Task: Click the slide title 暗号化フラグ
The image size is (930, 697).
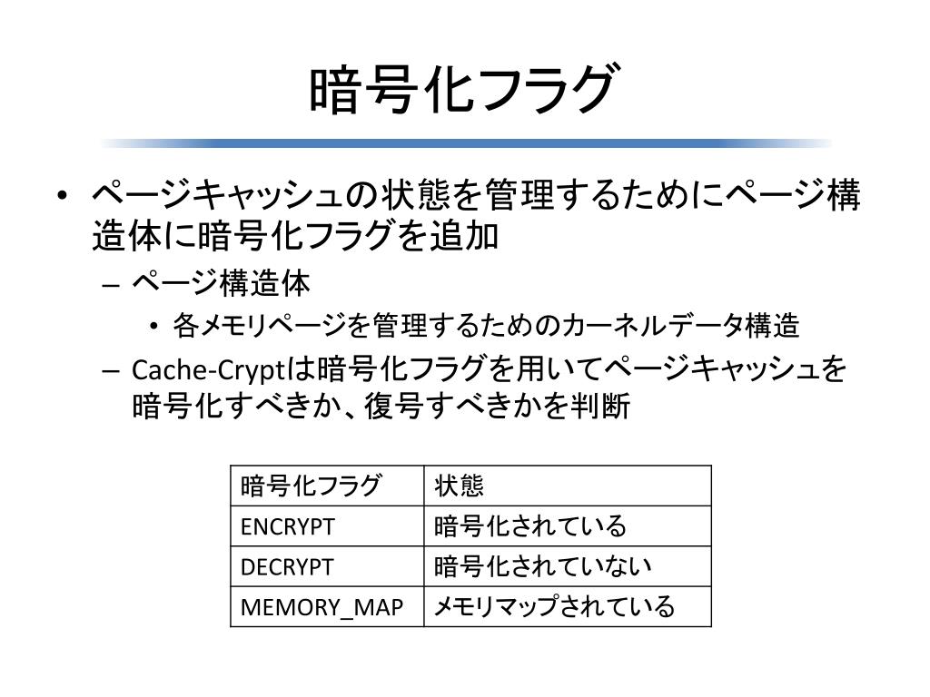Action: pyautogui.click(x=464, y=89)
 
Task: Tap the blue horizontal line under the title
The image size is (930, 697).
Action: pyautogui.click(x=466, y=143)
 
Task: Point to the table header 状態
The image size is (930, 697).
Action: pyautogui.click(x=459, y=486)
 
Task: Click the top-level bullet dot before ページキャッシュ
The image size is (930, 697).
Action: pyautogui.click(x=63, y=196)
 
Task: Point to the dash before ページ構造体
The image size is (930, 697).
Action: pyautogui.click(x=110, y=285)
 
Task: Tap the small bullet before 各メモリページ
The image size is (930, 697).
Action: pyautogui.click(x=154, y=327)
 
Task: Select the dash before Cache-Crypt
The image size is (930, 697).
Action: pyautogui.click(x=110, y=371)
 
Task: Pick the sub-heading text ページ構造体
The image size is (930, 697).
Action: pyautogui.click(x=221, y=283)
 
